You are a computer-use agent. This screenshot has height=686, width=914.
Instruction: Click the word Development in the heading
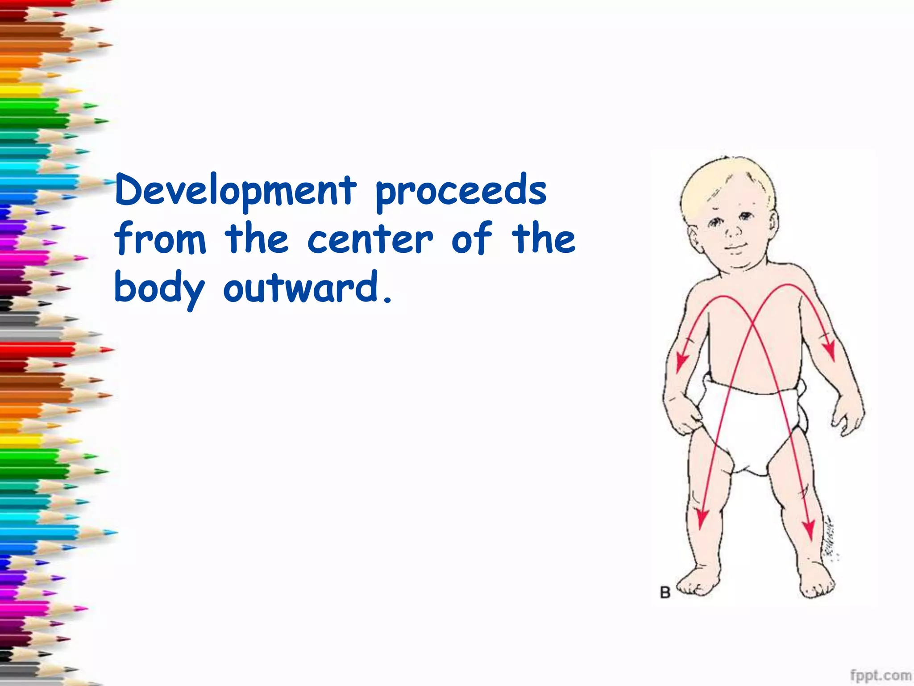click(236, 191)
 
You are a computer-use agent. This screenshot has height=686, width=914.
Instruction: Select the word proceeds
click(461, 192)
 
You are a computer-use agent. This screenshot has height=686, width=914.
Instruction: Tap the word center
click(370, 240)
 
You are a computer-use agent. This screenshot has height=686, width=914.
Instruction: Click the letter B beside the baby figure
click(665, 593)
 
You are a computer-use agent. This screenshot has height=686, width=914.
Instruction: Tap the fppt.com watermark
click(880, 675)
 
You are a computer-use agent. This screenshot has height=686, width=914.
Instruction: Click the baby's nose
click(733, 231)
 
